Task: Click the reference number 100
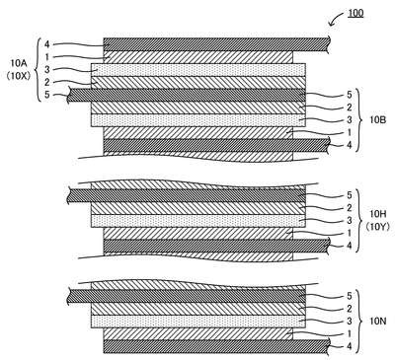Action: (355, 13)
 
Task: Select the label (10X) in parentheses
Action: (19, 76)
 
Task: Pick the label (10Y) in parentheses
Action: (377, 227)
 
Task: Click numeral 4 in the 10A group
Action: (46, 44)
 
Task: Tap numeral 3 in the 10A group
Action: (47, 70)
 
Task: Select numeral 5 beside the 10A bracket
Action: (47, 95)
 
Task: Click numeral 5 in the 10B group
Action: (350, 95)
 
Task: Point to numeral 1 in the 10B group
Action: (350, 132)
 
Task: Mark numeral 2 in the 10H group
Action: (350, 208)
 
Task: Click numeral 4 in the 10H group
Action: (350, 246)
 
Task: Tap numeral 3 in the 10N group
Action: (350, 322)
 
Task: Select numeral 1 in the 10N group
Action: (350, 333)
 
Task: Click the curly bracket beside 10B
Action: (359, 120)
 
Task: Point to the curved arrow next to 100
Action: (336, 19)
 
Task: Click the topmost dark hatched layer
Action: (216, 44)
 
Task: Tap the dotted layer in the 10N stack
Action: (198, 322)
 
